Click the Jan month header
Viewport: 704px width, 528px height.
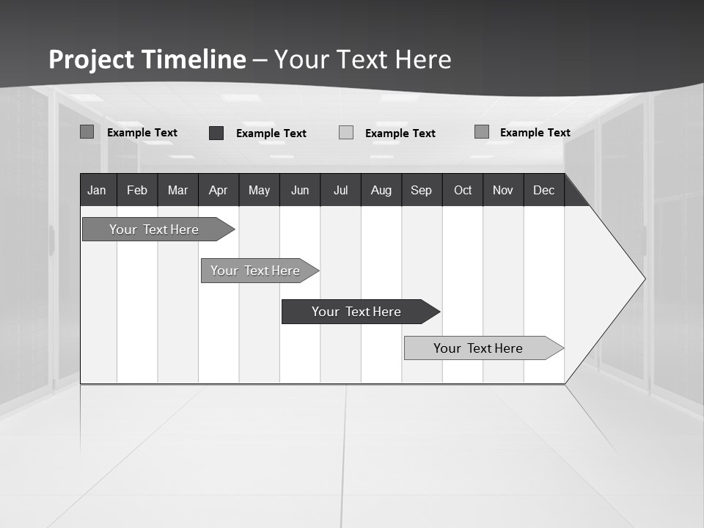coord(97,190)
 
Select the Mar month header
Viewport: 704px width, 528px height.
coord(177,190)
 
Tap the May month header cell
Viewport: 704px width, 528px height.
coord(259,190)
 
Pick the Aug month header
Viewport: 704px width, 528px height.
coord(381,190)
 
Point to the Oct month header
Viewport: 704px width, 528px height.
coord(463,190)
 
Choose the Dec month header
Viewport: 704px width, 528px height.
coord(543,190)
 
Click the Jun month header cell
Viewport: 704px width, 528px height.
coord(300,190)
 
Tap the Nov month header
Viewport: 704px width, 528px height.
coord(503,190)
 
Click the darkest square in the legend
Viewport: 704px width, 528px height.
coord(216,133)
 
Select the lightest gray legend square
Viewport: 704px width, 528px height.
coord(346,133)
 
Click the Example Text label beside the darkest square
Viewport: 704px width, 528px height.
coord(271,133)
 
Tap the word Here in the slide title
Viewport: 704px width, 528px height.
coord(422,59)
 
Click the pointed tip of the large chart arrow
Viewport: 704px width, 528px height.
coord(643,279)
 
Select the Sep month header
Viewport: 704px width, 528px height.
coord(421,190)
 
